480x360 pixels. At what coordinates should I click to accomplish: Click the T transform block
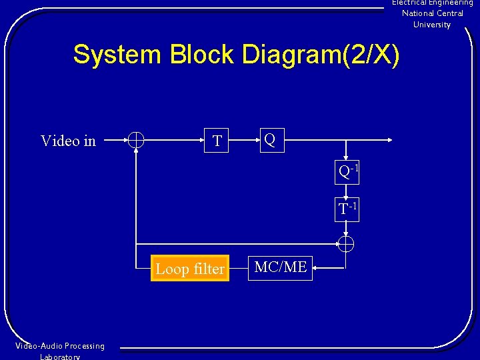(x=217, y=141)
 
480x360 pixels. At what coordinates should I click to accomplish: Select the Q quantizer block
(x=272, y=140)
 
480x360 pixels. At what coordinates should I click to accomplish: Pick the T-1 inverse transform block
(x=347, y=209)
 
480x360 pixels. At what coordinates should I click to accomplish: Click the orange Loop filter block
(x=190, y=269)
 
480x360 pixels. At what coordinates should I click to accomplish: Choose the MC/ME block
(x=281, y=267)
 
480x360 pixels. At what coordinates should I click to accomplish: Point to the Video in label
(x=68, y=141)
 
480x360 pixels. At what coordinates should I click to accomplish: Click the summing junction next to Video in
(x=135, y=140)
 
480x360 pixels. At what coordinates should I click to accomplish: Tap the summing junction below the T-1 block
(x=345, y=244)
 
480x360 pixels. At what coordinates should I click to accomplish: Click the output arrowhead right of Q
(x=390, y=140)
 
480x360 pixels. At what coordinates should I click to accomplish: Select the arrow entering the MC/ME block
(x=317, y=269)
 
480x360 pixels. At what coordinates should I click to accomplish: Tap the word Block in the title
(x=203, y=55)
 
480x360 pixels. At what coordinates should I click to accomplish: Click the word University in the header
(x=432, y=25)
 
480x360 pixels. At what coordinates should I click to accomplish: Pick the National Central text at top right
(x=432, y=13)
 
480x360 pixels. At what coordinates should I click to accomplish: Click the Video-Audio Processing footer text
(x=60, y=346)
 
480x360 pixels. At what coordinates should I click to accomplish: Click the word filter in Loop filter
(x=208, y=269)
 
